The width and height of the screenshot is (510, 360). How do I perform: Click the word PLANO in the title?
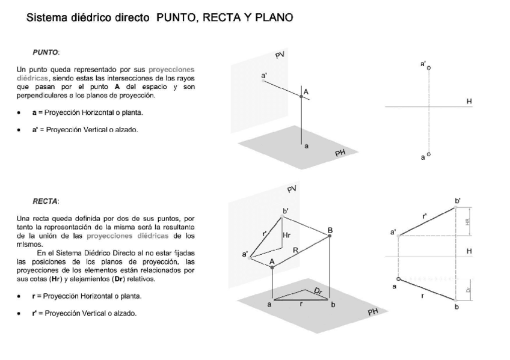[x=274, y=18]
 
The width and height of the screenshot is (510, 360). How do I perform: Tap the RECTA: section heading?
[x=46, y=201]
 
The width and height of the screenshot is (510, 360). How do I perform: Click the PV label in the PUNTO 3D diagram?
[x=280, y=55]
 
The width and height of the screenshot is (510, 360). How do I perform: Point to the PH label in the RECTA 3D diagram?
[x=373, y=313]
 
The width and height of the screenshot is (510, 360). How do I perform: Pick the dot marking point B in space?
[x=330, y=236]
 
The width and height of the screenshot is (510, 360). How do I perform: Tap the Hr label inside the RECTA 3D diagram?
[x=286, y=236]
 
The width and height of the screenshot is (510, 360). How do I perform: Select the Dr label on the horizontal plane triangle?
[x=318, y=291]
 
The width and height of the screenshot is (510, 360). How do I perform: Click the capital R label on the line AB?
[x=295, y=249]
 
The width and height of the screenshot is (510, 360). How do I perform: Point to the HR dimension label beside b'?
[x=467, y=221]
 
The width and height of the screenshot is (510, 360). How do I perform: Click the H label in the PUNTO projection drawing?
[x=469, y=102]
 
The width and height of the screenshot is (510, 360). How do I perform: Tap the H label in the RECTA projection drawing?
[x=469, y=251]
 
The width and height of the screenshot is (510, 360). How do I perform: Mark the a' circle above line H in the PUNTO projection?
[x=429, y=69]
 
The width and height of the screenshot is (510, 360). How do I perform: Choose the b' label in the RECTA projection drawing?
[x=458, y=200]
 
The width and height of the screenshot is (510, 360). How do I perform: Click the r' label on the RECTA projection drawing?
[x=425, y=215]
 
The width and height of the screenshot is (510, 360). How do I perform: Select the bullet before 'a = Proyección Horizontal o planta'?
[x=19, y=112]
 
